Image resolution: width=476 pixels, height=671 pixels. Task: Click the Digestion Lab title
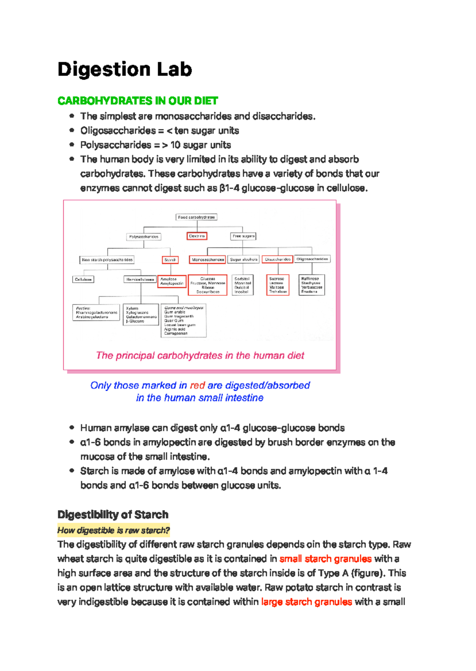click(x=125, y=69)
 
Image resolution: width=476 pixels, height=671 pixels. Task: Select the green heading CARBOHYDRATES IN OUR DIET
click(x=138, y=101)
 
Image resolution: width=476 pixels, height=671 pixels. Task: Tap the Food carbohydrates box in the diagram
click(x=196, y=217)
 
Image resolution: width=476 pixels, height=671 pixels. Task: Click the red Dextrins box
click(x=197, y=236)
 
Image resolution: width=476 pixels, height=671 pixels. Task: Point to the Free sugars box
click(x=243, y=236)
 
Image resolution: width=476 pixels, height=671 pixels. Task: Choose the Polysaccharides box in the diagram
click(x=144, y=237)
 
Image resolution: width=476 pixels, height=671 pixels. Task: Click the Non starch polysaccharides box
click(x=107, y=260)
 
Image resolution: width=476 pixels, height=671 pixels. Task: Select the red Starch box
click(x=170, y=260)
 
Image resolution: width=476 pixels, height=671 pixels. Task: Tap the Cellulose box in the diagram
click(x=83, y=279)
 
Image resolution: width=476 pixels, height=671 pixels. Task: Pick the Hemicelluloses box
click(x=140, y=279)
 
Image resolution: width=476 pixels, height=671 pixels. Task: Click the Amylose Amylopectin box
click(x=172, y=281)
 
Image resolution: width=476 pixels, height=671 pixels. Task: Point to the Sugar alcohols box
click(x=244, y=259)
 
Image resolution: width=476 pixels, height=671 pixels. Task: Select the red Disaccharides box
click(x=278, y=259)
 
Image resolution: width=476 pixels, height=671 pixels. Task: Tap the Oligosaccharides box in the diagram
click(x=312, y=259)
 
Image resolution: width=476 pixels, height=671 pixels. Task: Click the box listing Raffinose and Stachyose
click(x=312, y=285)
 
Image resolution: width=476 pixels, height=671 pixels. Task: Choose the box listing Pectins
click(x=96, y=312)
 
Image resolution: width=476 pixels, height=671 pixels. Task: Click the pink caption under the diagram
click(x=200, y=355)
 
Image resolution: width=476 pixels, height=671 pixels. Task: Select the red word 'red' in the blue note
click(x=197, y=385)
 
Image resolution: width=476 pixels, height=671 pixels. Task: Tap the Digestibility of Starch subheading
click(x=113, y=515)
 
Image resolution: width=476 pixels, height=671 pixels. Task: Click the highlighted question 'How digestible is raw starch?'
click(x=113, y=530)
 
